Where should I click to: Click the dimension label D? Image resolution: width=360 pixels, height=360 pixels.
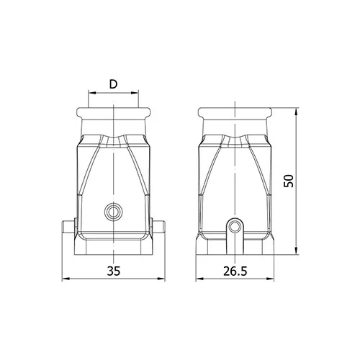[113, 84]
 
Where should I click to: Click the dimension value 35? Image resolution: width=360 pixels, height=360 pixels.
[113, 271]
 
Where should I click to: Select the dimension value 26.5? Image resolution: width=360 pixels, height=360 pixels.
[235, 271]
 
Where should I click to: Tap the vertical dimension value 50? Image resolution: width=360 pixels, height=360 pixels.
[289, 181]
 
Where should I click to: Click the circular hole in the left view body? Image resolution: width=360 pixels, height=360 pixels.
[114, 212]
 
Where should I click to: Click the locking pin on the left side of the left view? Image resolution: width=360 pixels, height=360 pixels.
[69, 227]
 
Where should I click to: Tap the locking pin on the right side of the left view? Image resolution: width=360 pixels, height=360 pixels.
[158, 227]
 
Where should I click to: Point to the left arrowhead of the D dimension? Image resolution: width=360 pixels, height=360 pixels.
[91, 93]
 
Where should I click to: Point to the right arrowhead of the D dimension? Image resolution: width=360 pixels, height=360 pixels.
[135, 93]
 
